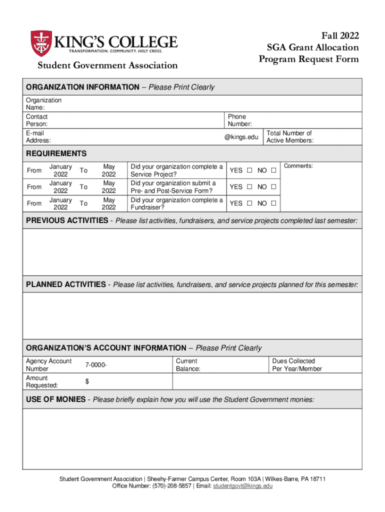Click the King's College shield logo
(x=41, y=43)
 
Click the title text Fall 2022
(x=339, y=35)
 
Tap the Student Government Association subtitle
(x=108, y=65)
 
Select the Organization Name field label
(x=43, y=103)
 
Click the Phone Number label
(x=239, y=120)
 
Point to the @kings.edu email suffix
(x=241, y=137)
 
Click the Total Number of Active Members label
(x=290, y=137)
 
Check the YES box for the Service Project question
(x=248, y=170)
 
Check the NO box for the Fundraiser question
(x=273, y=203)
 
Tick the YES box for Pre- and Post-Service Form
(x=248, y=187)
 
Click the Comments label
(x=298, y=165)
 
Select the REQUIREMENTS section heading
(x=56, y=153)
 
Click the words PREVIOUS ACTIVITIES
(x=66, y=220)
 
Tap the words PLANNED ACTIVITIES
(x=65, y=285)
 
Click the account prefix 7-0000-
(x=95, y=365)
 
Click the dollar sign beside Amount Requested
(x=87, y=381)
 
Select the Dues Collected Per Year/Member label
(x=297, y=365)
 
